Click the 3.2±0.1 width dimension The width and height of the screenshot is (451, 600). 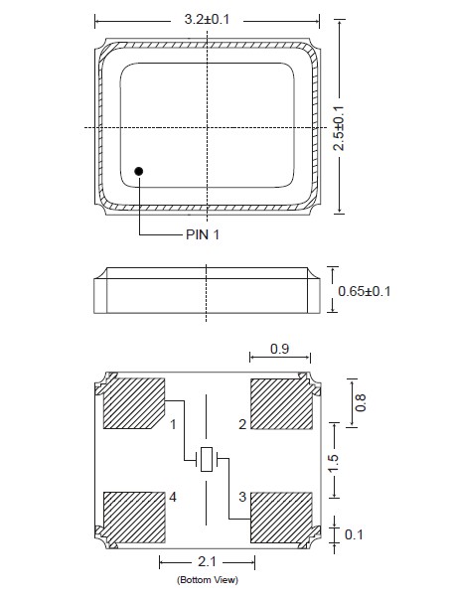point(207,19)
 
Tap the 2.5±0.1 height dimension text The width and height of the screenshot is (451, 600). point(339,128)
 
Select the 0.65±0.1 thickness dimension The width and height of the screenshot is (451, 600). point(365,291)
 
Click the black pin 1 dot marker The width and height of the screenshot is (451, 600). point(139,171)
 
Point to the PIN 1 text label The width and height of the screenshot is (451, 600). point(203,234)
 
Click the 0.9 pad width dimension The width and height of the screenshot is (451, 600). point(279,349)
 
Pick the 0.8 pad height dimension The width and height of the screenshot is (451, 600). point(361,402)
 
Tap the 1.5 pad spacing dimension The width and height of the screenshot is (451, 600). point(333,463)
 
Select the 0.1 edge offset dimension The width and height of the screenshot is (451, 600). point(354,534)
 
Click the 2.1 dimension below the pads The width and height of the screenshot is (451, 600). point(207,561)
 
